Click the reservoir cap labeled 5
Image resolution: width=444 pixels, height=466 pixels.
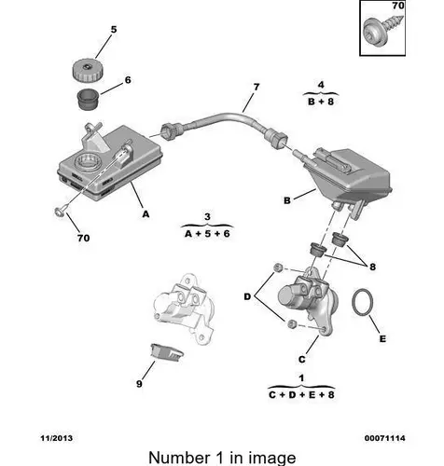click(x=88, y=71)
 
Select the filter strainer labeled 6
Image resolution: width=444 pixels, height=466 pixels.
click(x=88, y=99)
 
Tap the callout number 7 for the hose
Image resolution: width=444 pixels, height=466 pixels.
click(x=257, y=87)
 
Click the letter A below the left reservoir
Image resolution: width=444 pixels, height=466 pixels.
click(x=146, y=214)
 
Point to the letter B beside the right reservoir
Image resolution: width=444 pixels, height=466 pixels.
click(x=287, y=200)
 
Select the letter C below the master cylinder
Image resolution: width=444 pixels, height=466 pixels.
click(x=301, y=360)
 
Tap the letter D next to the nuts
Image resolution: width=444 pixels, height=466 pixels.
click(x=247, y=296)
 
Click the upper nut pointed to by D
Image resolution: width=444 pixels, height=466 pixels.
click(x=277, y=267)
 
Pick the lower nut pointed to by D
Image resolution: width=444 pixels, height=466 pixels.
click(x=291, y=324)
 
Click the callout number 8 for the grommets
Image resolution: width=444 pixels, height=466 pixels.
click(x=372, y=267)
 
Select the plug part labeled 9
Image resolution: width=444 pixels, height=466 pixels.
click(x=166, y=352)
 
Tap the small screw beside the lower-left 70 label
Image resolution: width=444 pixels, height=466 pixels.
click(x=60, y=212)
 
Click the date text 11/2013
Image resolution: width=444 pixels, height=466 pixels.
click(x=57, y=438)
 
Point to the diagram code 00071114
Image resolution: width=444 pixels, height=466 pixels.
click(x=385, y=438)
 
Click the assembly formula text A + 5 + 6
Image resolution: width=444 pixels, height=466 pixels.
click(x=207, y=234)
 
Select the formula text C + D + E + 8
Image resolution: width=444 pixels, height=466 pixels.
click(x=301, y=395)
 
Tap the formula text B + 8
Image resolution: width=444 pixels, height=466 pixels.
click(x=321, y=102)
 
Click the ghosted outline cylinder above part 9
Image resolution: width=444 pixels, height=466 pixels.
click(x=184, y=308)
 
